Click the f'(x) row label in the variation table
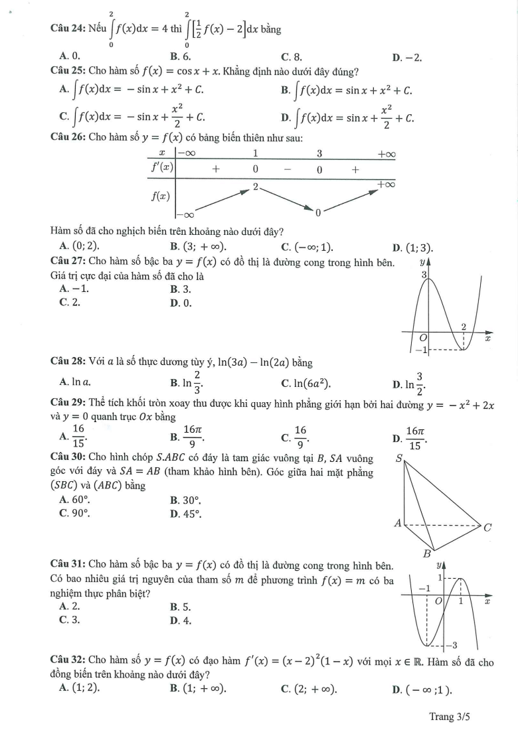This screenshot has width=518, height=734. (x=159, y=169)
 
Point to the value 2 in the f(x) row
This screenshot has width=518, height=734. (x=255, y=187)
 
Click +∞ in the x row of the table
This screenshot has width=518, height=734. (x=386, y=155)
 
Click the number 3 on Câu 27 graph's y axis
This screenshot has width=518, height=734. (x=424, y=274)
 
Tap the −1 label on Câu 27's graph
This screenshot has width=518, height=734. (x=419, y=350)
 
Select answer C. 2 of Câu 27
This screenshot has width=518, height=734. (x=70, y=302)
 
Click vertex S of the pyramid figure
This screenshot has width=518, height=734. (x=400, y=458)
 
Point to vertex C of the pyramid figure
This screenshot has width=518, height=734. (x=487, y=528)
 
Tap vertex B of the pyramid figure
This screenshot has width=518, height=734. (x=428, y=553)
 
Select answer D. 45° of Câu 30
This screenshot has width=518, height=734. (x=185, y=513)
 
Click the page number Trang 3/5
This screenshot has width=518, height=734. (x=450, y=717)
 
